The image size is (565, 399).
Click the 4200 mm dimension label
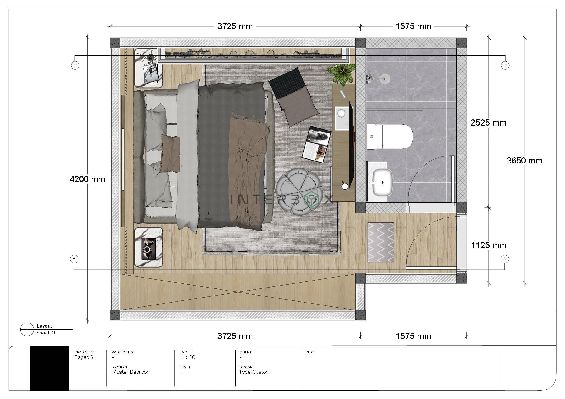coord(87,179)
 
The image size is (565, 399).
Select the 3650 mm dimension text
coord(524,161)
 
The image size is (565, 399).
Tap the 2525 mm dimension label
coord(488,123)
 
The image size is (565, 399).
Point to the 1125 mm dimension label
coord(488,245)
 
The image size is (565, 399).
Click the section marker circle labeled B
coord(75,65)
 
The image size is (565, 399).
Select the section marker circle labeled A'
coord(505,259)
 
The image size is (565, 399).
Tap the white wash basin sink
coord(382,183)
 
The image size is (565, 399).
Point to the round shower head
coord(385,78)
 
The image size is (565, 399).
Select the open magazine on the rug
coord(316,144)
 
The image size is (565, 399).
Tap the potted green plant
coord(342,74)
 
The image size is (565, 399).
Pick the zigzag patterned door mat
coord(380,242)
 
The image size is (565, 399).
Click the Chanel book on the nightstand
coord(149,249)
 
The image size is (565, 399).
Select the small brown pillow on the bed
coord(170,154)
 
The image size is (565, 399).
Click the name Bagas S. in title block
coord(84,358)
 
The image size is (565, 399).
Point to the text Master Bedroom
coord(132,372)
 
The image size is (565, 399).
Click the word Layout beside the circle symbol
coord(44,326)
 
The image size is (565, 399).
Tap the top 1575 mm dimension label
coord(413,26)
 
